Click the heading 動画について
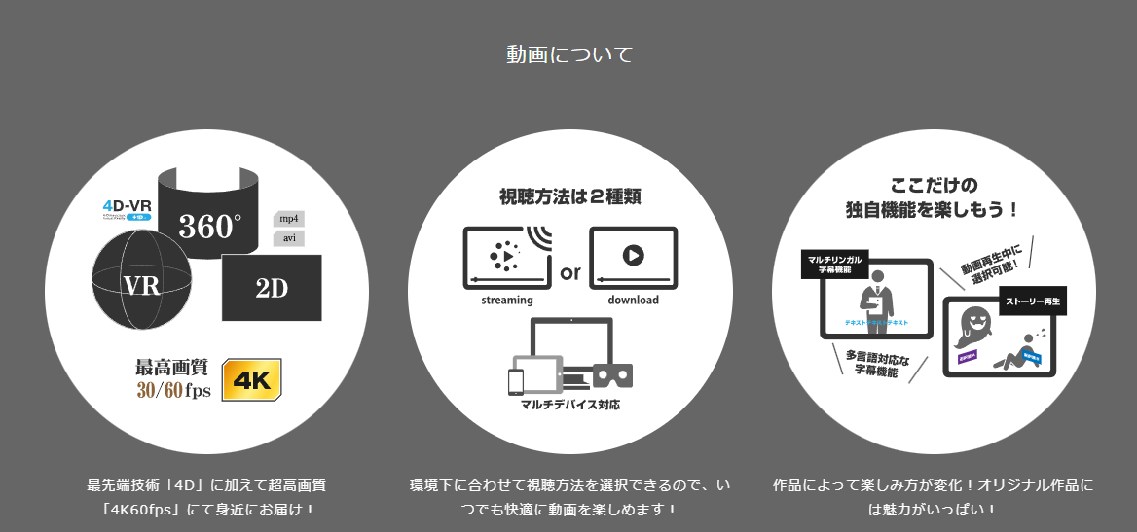(x=568, y=54)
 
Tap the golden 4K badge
(x=252, y=379)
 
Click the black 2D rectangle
(x=272, y=288)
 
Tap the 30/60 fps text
(x=173, y=390)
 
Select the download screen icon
(x=633, y=256)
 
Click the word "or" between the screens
(x=569, y=272)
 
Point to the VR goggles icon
(x=613, y=375)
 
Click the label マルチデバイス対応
(x=569, y=404)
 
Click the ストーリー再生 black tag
(x=1034, y=302)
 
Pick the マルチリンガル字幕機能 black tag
(x=833, y=265)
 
